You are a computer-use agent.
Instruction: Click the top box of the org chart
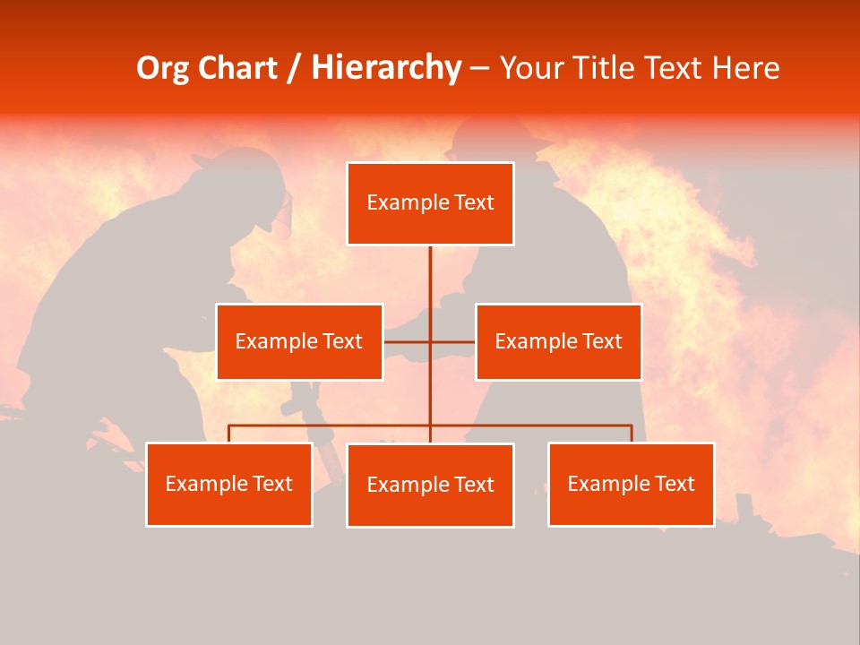(430, 203)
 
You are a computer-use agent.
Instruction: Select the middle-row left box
(299, 341)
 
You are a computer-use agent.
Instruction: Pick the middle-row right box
(558, 341)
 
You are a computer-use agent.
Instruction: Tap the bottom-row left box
(228, 484)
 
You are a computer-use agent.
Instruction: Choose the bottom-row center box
(430, 485)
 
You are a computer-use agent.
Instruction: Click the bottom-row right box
(631, 484)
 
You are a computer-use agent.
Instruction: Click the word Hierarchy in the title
(386, 68)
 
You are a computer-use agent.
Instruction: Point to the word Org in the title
(164, 68)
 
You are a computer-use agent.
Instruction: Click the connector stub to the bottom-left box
(228, 434)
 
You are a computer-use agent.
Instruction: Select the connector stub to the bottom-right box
(632, 434)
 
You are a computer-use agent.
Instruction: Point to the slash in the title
(293, 68)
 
